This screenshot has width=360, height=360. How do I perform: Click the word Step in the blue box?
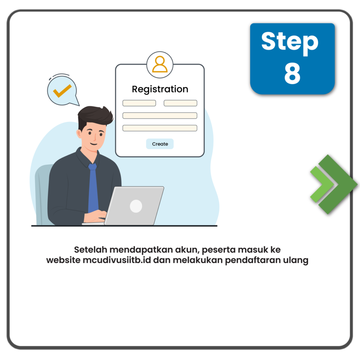coord(290,43)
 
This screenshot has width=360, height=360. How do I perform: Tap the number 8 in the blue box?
coord(292,73)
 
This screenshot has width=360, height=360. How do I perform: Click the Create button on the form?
coord(160,144)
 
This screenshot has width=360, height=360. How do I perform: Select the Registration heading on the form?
coord(160,89)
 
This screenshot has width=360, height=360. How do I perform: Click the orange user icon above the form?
coord(160,64)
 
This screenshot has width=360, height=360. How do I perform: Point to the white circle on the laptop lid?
coord(136,206)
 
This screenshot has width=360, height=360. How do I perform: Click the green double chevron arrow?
coord(333,184)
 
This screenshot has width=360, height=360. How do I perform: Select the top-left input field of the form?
coord(139,103)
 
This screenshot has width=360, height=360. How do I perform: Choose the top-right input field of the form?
coord(180,103)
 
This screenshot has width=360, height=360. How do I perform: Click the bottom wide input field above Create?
coord(160,128)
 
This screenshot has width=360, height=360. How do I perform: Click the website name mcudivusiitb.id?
coord(117,260)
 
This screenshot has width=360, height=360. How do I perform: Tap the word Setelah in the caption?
coord(91,250)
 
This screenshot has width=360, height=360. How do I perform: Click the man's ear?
coord(79,134)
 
